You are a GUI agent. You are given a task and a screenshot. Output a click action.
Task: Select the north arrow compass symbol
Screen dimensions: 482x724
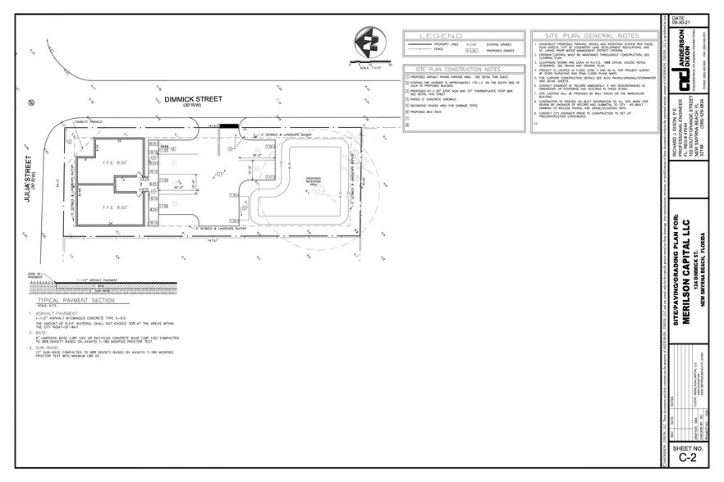coord(368,43)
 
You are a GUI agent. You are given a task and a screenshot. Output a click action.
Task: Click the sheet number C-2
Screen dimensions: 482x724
coord(688,457)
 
